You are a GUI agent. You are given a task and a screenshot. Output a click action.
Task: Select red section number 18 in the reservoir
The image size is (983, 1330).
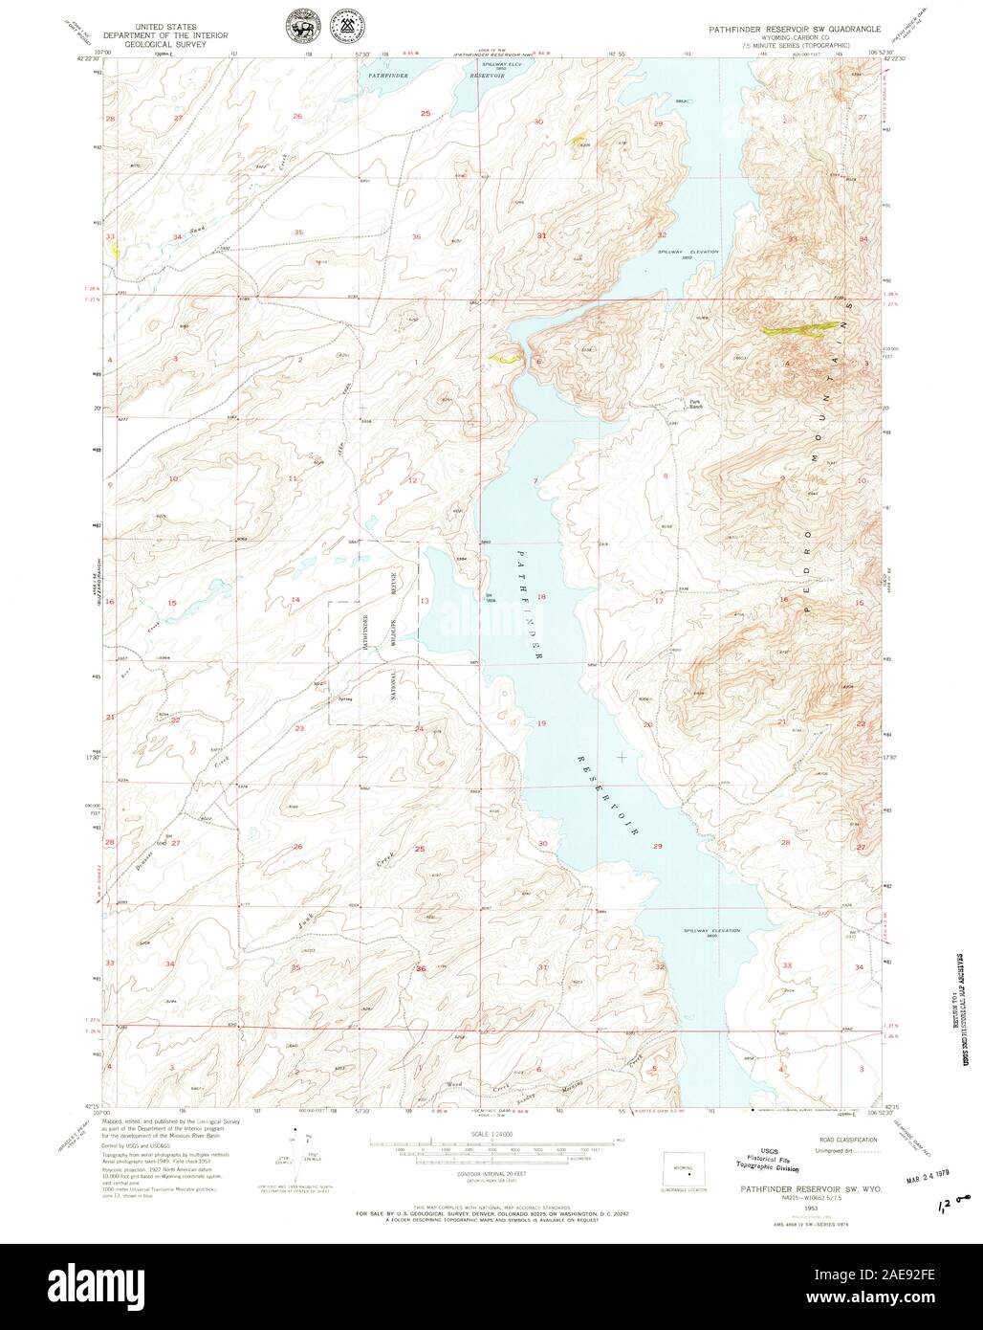541,597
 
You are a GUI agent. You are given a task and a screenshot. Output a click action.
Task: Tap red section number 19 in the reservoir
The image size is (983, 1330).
541,723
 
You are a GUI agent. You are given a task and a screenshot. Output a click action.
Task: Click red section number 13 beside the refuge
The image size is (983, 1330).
424,601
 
